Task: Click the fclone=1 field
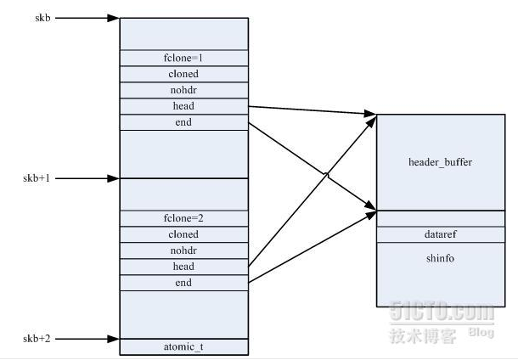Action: coord(183,58)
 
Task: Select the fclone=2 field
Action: coord(183,218)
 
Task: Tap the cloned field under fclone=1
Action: coord(183,74)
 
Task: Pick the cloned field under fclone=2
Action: coord(183,234)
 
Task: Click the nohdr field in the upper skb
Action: coord(183,90)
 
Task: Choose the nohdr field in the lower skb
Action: coord(183,250)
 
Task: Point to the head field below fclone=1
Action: coord(183,106)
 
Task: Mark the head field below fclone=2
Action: coord(183,267)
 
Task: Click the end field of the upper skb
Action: coord(183,122)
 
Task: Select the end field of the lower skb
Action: coord(183,283)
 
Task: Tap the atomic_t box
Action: coord(183,346)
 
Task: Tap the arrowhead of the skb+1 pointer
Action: coord(115,178)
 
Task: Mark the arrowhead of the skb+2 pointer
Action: coord(115,338)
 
